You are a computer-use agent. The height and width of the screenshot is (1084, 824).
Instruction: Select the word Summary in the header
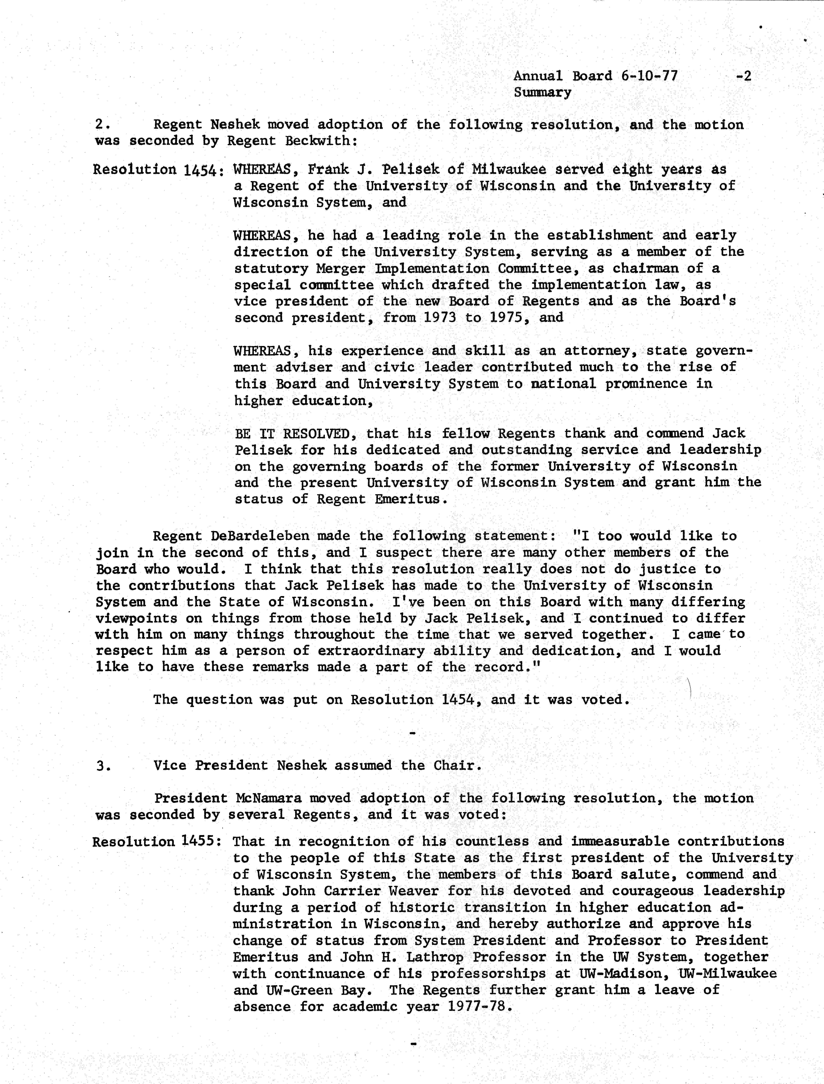[542, 93]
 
